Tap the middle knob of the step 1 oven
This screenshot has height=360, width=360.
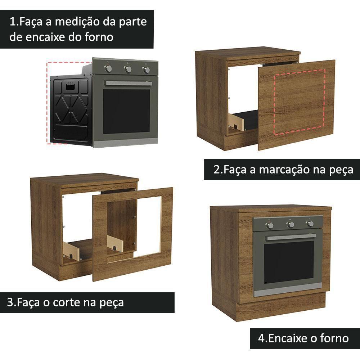[128, 69]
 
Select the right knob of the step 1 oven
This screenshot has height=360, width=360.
[146, 70]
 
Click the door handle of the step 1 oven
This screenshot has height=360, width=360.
[129, 83]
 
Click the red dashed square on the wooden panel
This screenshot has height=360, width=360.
[300, 102]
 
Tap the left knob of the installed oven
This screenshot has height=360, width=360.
[270, 225]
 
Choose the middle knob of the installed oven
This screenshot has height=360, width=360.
[291, 225]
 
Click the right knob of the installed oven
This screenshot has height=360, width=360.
[310, 224]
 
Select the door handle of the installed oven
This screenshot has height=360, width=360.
[291, 237]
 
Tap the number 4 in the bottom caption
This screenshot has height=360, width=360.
[261, 338]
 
